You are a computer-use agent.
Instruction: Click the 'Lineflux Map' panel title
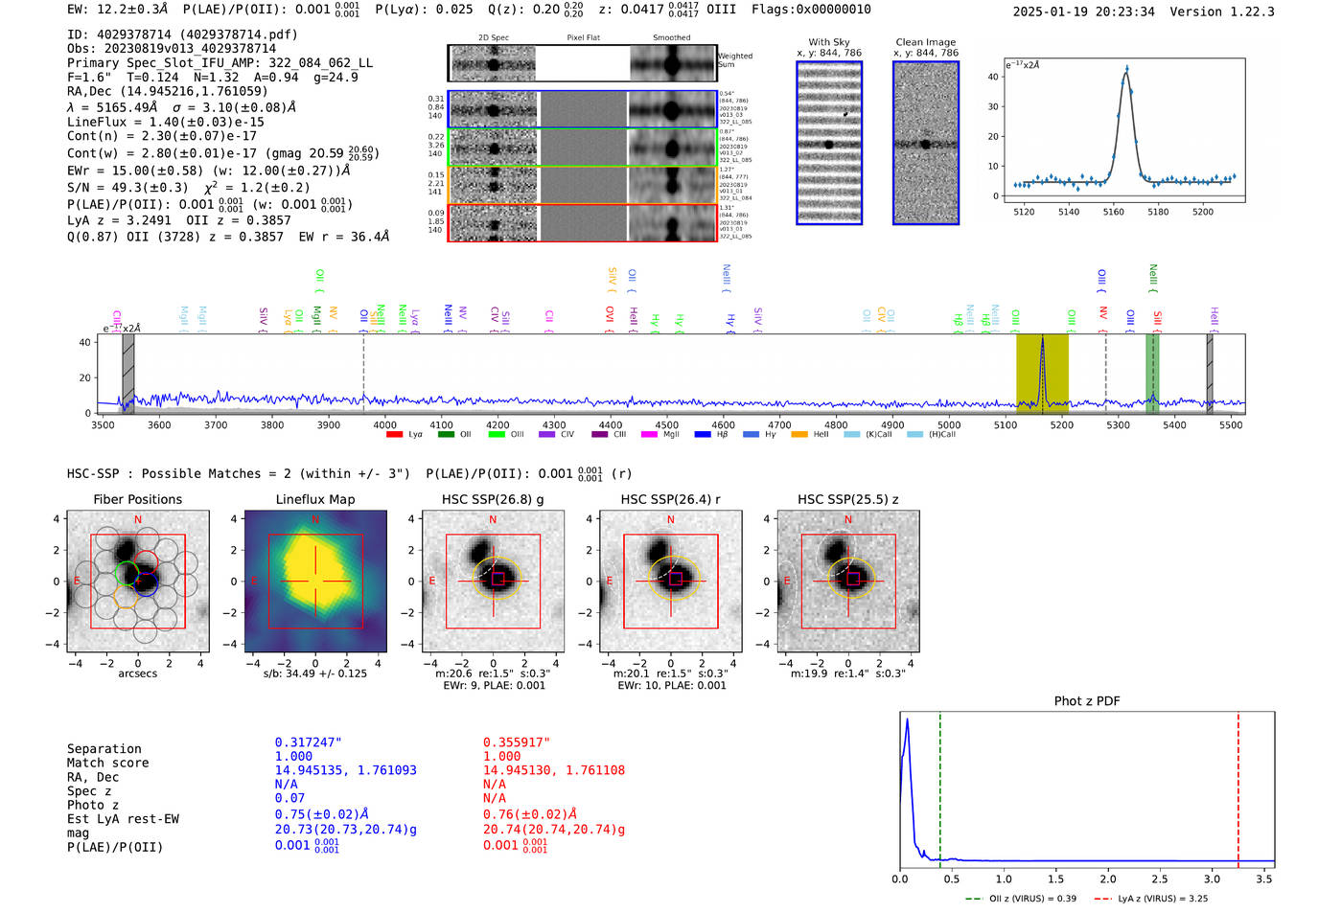click(314, 499)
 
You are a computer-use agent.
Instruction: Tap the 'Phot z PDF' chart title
click(1087, 700)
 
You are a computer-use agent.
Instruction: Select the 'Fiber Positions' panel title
click(137, 499)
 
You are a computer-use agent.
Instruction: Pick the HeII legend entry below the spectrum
click(811, 435)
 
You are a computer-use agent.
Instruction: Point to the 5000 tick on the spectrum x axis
click(949, 424)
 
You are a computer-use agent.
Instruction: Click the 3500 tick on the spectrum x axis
click(103, 424)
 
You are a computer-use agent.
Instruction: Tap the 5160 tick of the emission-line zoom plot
click(1113, 212)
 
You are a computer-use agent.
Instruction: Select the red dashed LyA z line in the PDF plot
click(1238, 786)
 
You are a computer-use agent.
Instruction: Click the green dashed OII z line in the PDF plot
click(940, 786)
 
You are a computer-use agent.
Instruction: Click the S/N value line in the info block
click(188, 187)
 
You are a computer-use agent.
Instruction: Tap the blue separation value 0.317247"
click(308, 742)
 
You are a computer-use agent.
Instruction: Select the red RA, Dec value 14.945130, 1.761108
click(553, 770)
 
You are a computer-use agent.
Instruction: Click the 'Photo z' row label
click(93, 805)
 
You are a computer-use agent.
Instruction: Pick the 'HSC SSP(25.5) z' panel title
click(847, 499)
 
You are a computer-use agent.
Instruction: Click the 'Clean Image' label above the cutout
click(925, 42)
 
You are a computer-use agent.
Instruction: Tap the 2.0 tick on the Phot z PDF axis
click(1107, 879)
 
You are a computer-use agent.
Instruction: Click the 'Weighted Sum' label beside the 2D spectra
click(735, 60)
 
